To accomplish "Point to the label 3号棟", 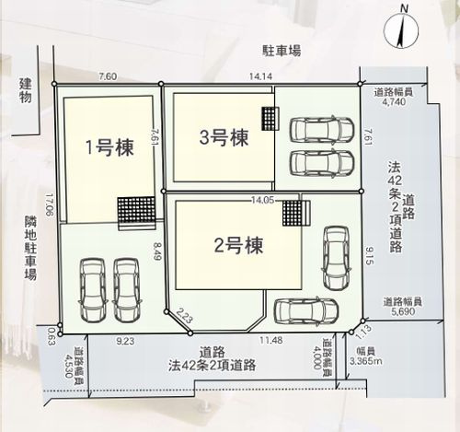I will point(224,138).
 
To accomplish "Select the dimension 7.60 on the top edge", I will point(109,79).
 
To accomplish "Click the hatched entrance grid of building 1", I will point(134,210).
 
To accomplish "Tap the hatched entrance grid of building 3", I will point(269,119).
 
